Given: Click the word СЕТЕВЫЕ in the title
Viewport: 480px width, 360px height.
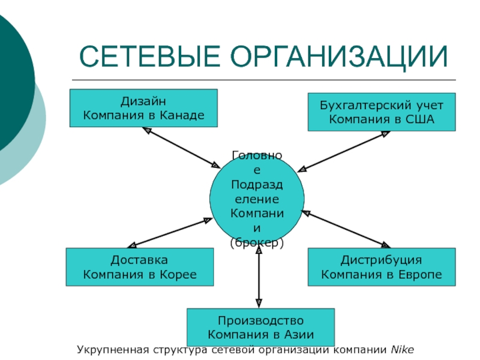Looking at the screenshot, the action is click(x=149, y=56).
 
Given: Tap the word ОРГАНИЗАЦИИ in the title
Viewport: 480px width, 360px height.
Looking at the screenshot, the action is click(x=339, y=57).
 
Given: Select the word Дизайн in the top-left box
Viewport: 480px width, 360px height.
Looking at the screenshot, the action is click(x=143, y=101).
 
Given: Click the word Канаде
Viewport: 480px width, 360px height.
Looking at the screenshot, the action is click(x=182, y=115).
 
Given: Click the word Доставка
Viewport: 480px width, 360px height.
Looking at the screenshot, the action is click(x=139, y=260).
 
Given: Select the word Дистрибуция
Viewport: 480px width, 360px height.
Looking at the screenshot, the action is click(x=381, y=260).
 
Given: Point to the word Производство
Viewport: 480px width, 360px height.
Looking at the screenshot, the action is click(x=260, y=321).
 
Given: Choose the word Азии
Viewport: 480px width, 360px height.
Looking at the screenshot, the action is click(x=299, y=335).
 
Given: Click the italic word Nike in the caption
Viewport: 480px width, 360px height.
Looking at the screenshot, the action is click(x=402, y=350).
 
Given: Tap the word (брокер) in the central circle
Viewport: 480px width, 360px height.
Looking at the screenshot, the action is click(x=257, y=243).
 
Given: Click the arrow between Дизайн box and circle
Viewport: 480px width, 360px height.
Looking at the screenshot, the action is click(x=181, y=148).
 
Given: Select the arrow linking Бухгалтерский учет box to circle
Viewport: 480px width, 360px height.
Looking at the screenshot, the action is click(x=343, y=152).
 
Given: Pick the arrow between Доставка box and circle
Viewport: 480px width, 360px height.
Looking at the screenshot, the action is click(x=170, y=233).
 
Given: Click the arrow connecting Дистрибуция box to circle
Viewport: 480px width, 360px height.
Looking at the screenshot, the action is click(x=346, y=229).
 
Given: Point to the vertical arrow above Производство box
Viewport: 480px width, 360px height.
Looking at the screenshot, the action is click(x=259, y=277).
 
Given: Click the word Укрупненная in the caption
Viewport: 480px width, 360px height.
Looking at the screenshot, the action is click(x=113, y=350).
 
